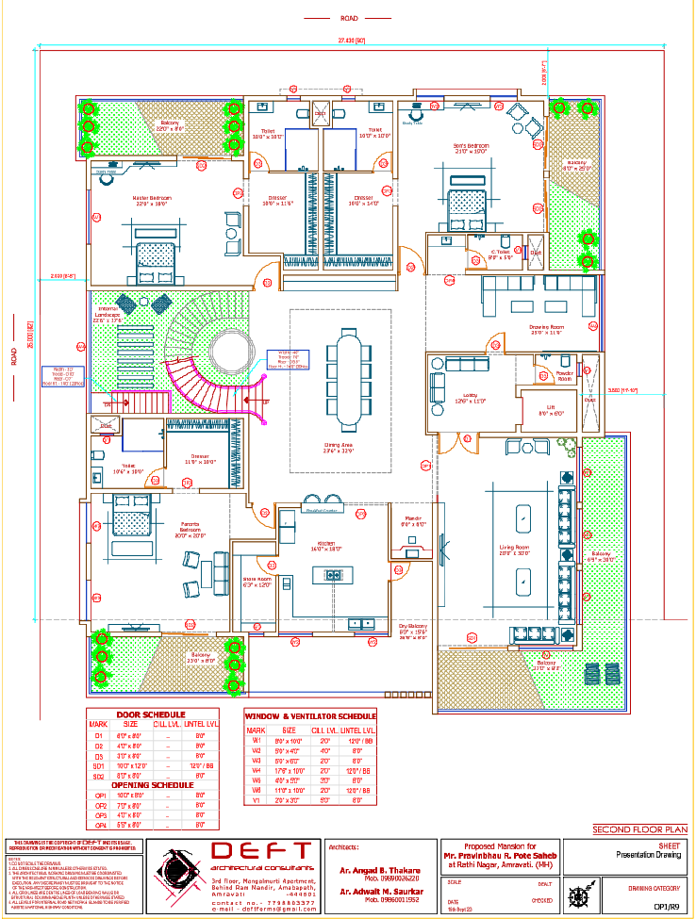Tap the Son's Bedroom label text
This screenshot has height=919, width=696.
pyautogui.click(x=472, y=148)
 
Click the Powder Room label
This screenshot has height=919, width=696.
pyautogui.click(x=566, y=375)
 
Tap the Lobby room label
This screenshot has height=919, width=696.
pyautogui.click(x=471, y=399)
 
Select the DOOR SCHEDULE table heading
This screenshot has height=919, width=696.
pyautogui.click(x=151, y=714)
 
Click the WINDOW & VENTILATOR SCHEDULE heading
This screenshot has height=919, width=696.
pyautogui.click(x=310, y=716)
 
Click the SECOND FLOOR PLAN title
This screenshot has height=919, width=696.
pyautogui.click(x=635, y=829)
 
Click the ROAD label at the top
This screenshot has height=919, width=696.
pyautogui.click(x=349, y=17)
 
